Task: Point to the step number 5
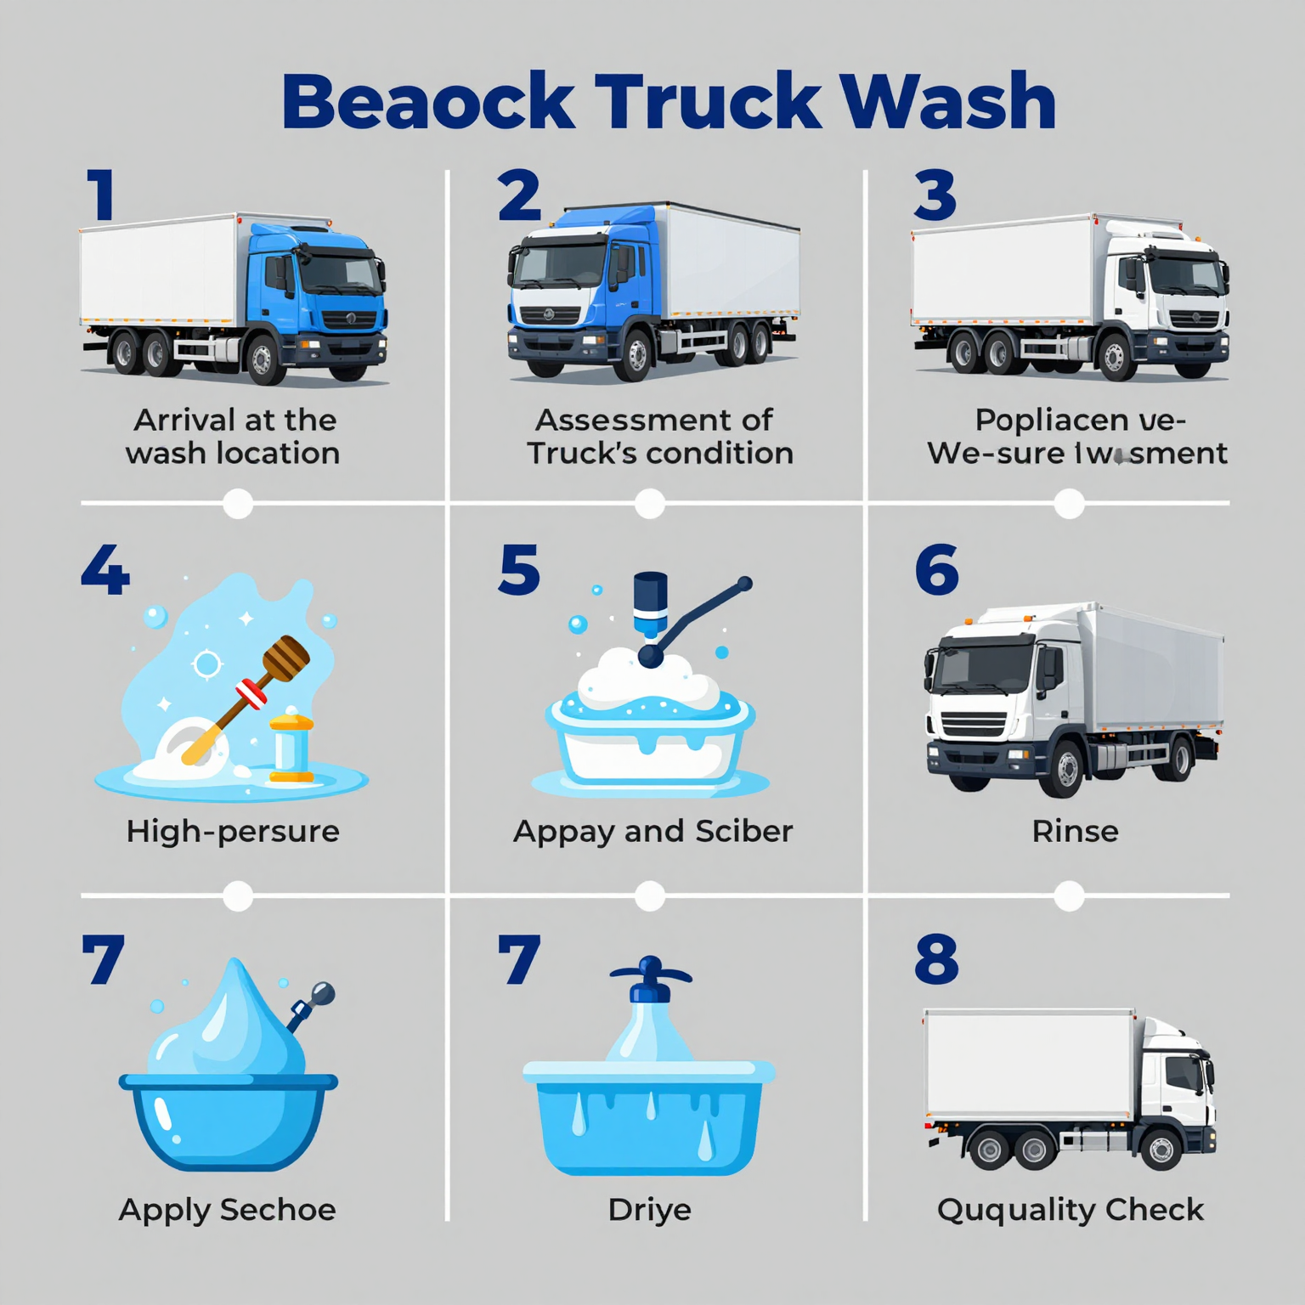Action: (519, 570)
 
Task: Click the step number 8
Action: (936, 959)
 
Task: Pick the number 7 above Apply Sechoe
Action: (103, 959)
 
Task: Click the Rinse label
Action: (1075, 831)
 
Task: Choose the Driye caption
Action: (650, 1209)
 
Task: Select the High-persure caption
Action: (233, 831)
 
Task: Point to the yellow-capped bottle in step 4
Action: (291, 748)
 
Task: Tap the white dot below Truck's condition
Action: (650, 503)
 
